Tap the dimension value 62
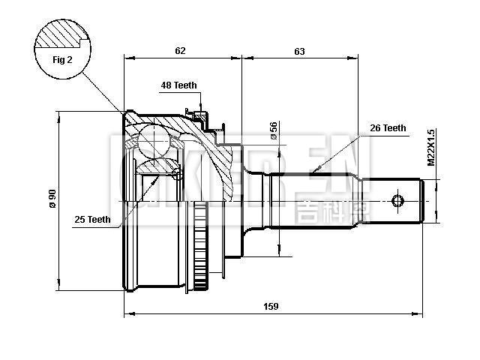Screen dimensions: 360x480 (x=180, y=51)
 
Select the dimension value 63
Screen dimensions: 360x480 (x=299, y=51)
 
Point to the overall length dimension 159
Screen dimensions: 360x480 (x=271, y=305)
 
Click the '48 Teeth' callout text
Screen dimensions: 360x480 (x=178, y=85)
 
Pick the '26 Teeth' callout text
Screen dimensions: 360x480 (x=388, y=128)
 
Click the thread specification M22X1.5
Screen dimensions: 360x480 (x=431, y=147)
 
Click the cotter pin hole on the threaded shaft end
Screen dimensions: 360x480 (x=398, y=200)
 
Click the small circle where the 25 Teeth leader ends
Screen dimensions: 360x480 (x=176, y=175)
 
